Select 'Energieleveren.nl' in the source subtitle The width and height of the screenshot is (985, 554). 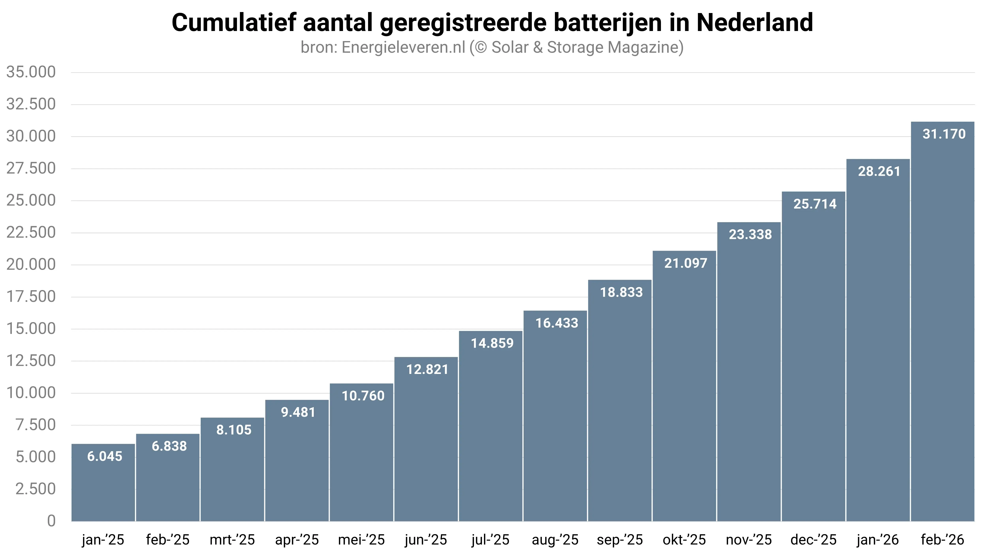click(x=403, y=47)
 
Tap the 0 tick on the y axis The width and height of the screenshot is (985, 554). click(x=51, y=521)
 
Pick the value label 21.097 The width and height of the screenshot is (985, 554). click(x=686, y=263)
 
